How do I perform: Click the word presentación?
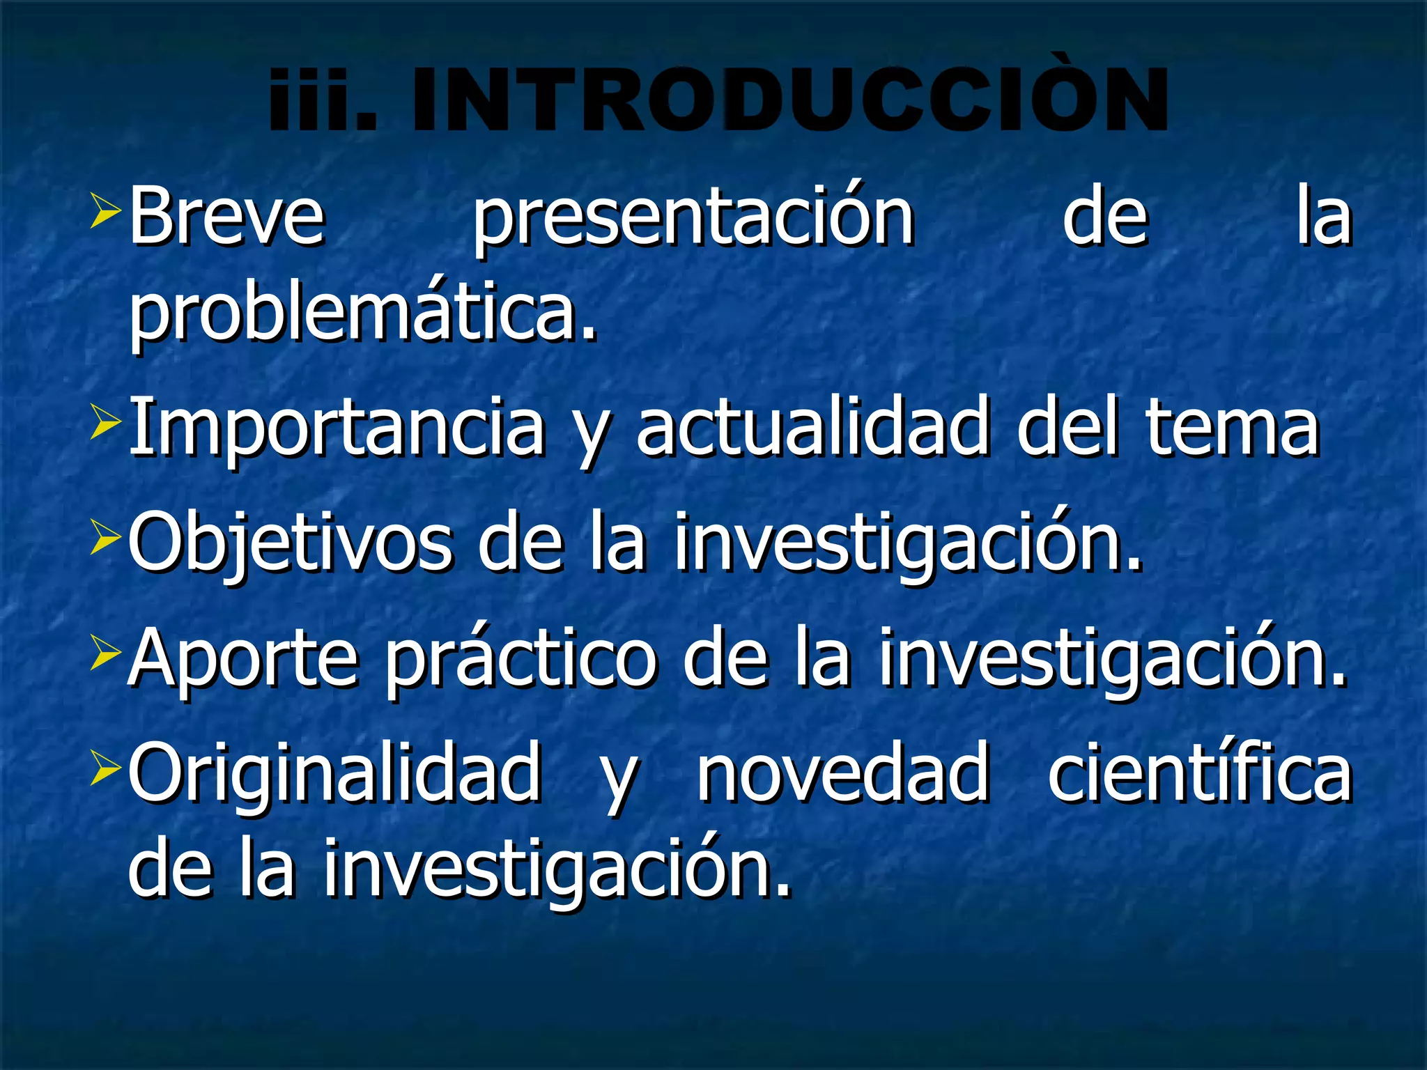pyautogui.click(x=693, y=217)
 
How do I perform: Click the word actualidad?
pyautogui.click(x=812, y=426)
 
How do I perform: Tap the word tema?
pyautogui.click(x=1233, y=426)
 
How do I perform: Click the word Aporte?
pyautogui.click(x=243, y=659)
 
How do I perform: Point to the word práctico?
pyautogui.click(x=521, y=659)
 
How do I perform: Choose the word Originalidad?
pyautogui.click(x=335, y=774)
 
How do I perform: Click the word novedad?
pyautogui.click(x=844, y=774)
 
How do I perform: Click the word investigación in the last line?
pyautogui.click(x=557, y=871)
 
